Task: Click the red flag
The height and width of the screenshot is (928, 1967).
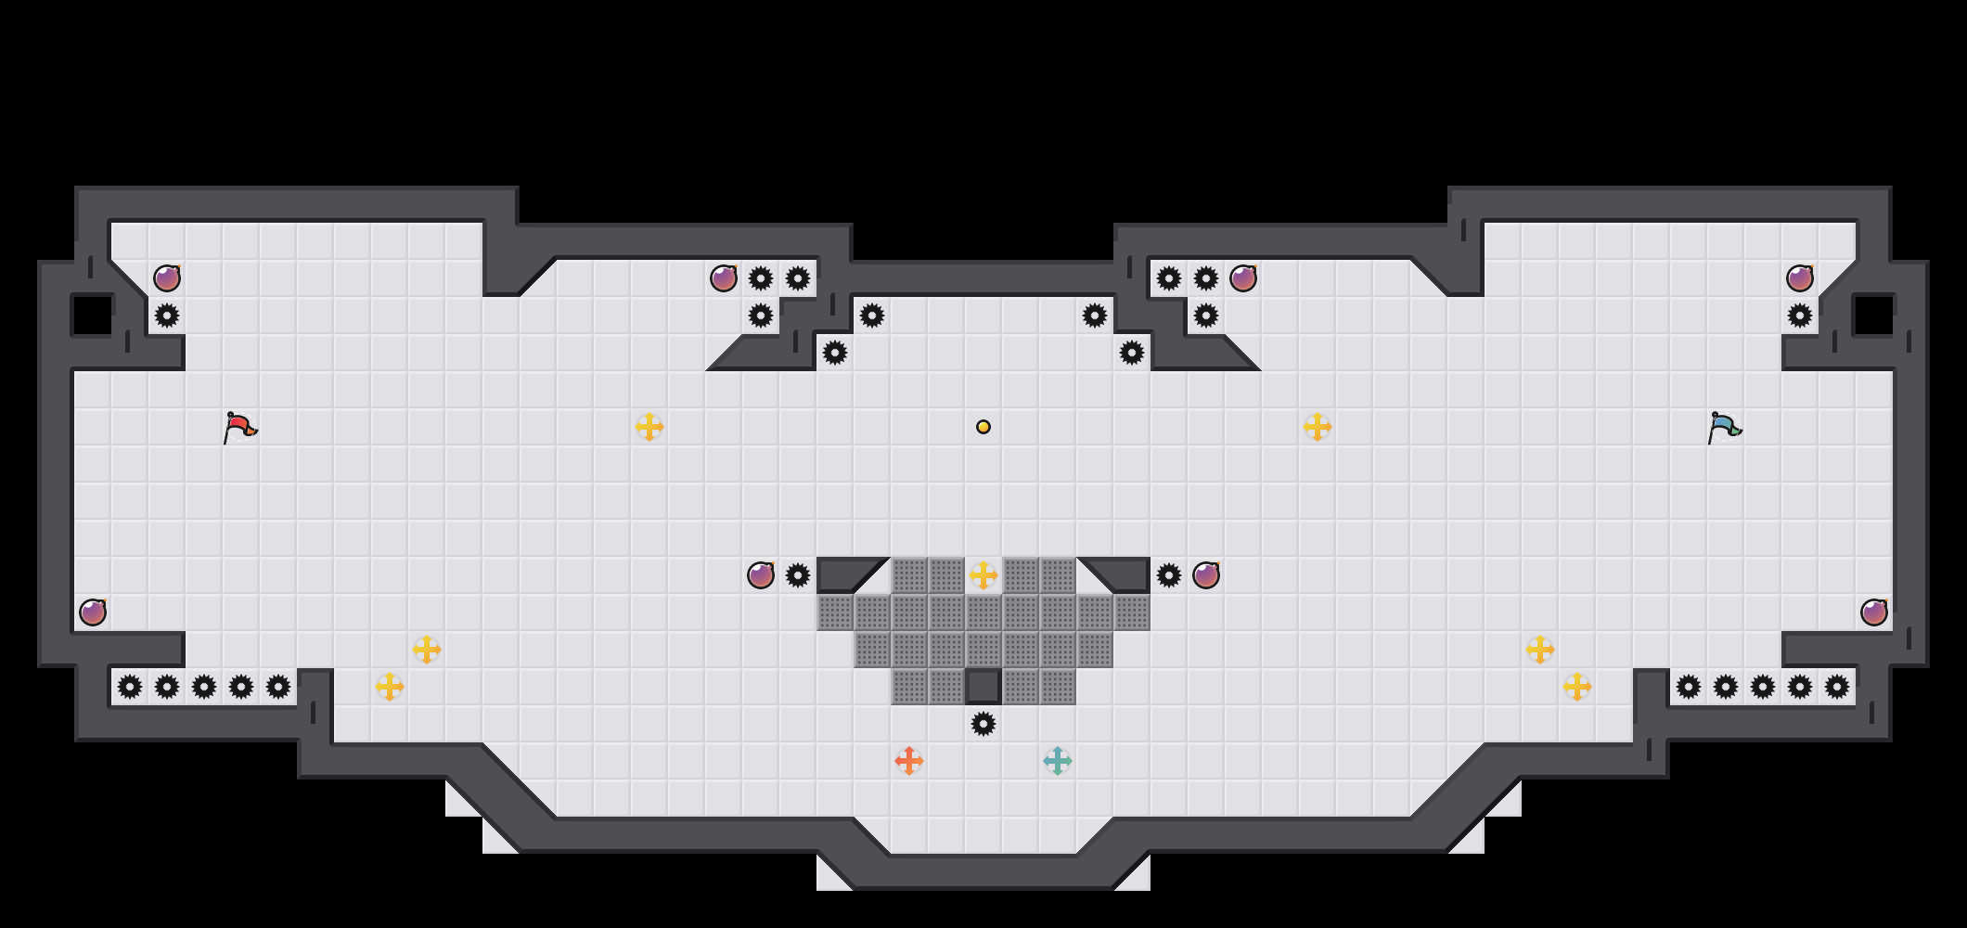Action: pyautogui.click(x=239, y=427)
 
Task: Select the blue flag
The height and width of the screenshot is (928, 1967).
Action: pyautogui.click(x=1724, y=427)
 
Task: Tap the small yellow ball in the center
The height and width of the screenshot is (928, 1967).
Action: pyautogui.click(x=983, y=427)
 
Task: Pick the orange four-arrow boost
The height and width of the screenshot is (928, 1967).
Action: pyautogui.click(x=909, y=761)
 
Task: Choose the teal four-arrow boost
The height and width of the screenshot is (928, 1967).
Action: pyautogui.click(x=1058, y=761)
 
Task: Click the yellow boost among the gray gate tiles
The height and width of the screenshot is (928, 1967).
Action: pyautogui.click(x=983, y=575)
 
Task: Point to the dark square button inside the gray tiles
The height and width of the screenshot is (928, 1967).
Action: pyautogui.click(x=983, y=687)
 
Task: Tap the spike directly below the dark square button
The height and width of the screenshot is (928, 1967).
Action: pyautogui.click(x=983, y=724)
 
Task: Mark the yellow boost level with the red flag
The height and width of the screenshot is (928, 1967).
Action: pyautogui.click(x=649, y=427)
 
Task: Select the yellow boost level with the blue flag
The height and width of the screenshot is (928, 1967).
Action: pyautogui.click(x=1318, y=427)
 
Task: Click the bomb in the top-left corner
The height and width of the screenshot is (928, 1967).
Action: pyautogui.click(x=167, y=278)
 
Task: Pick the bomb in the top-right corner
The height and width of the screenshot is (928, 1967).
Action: pyautogui.click(x=1800, y=278)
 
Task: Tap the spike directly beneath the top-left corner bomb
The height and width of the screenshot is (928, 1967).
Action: pyautogui.click(x=167, y=316)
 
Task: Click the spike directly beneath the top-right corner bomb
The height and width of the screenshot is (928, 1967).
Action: pyautogui.click(x=1800, y=316)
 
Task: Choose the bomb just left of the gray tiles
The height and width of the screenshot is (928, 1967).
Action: pyautogui.click(x=761, y=575)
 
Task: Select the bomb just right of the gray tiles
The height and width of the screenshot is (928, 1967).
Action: pyautogui.click(x=1206, y=575)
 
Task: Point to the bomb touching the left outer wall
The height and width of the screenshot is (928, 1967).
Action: pyautogui.click(x=93, y=612)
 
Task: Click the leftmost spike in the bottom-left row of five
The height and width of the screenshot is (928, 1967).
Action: pyautogui.click(x=130, y=687)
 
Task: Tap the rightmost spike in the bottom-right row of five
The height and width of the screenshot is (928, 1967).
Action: pyautogui.click(x=1837, y=687)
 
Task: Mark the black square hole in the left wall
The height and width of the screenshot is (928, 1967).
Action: pyautogui.click(x=93, y=316)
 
